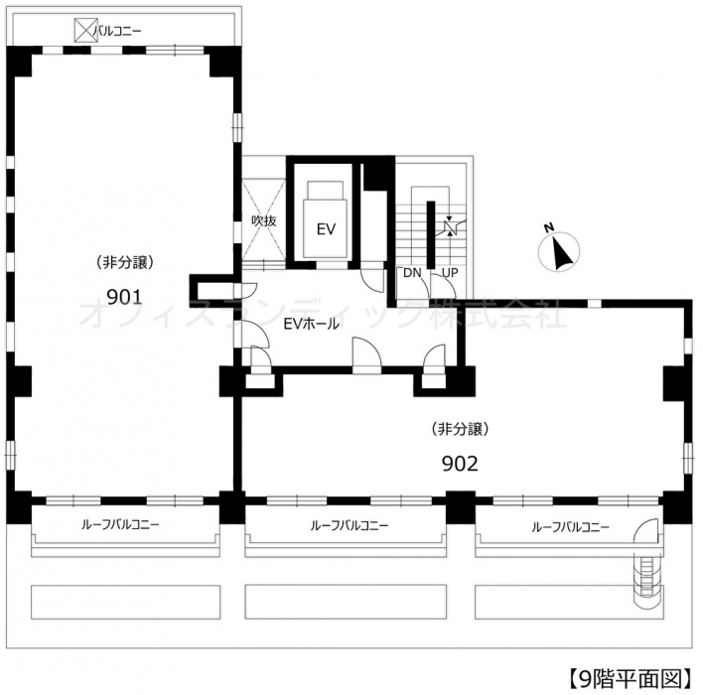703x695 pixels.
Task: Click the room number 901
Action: [x=124, y=297]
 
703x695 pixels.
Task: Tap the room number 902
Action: [x=460, y=464]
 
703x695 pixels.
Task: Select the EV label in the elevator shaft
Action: [x=326, y=229]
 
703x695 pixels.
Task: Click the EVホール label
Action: [x=311, y=324]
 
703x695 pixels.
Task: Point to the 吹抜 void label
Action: [x=264, y=220]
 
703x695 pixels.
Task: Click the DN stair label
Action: [x=412, y=273]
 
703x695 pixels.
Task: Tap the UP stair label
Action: [x=450, y=273]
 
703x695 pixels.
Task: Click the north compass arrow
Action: [x=561, y=253]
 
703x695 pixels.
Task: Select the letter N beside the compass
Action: [x=549, y=227]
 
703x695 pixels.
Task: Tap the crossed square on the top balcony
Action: [x=85, y=30]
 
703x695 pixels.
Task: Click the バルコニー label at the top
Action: [x=117, y=31]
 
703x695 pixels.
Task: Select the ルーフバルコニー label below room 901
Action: [x=120, y=524]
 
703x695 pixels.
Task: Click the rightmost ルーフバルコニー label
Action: [x=570, y=527]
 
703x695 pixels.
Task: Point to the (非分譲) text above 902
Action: [x=460, y=429]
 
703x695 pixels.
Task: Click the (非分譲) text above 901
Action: [x=125, y=262]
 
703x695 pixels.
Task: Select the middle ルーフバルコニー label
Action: [x=350, y=525]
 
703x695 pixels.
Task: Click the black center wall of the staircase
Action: [x=430, y=235]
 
